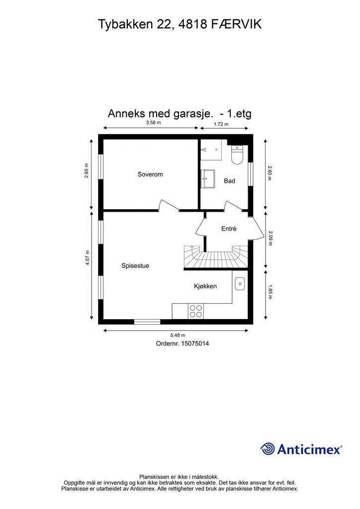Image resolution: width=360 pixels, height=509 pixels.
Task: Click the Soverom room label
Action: click(150, 174)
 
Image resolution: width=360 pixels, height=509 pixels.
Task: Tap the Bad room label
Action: click(229, 181)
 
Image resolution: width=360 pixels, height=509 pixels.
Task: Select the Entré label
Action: click(229, 229)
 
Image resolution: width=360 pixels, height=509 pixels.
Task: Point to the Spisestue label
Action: click(135, 266)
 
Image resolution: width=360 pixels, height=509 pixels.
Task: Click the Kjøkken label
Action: click(205, 286)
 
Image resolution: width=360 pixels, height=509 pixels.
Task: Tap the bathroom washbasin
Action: click(207, 178)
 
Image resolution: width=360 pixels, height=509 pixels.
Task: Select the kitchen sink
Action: click(239, 284)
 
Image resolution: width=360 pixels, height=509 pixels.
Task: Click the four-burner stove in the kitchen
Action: click(195, 311)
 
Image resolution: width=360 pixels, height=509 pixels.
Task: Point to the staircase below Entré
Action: click(216, 258)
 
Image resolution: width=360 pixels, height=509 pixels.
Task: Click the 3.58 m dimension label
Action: click(153, 123)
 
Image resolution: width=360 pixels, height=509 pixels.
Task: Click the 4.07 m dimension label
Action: click(88, 257)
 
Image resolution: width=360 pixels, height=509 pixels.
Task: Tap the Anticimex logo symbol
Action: click(268, 449)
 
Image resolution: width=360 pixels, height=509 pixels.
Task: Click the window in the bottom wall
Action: click(147, 322)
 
